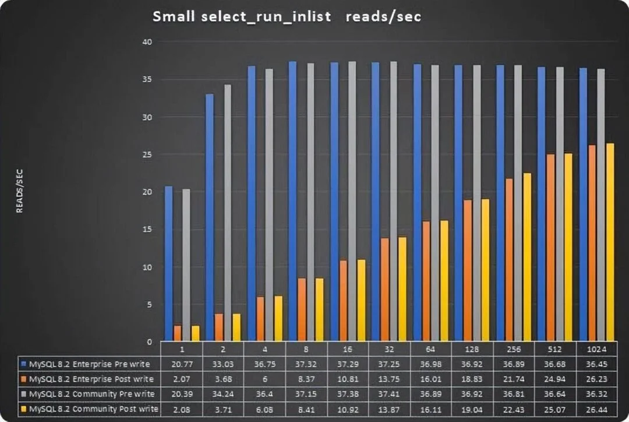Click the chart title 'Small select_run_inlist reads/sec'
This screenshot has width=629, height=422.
(x=287, y=16)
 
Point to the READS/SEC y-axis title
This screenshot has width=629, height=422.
(x=20, y=192)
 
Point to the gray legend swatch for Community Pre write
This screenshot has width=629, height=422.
(x=23, y=394)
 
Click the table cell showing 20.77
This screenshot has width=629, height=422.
(x=181, y=364)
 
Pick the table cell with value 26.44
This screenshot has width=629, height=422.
(x=598, y=409)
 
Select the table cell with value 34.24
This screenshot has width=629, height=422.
(x=222, y=394)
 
